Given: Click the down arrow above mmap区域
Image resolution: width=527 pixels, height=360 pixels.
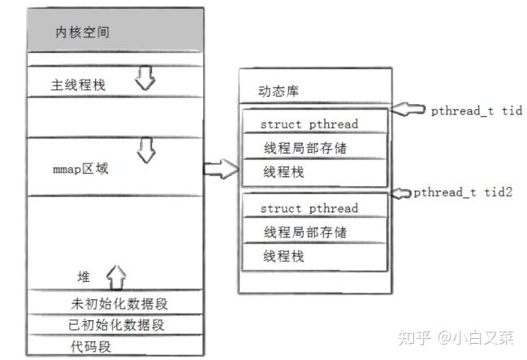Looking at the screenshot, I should pyautogui.click(x=146, y=150).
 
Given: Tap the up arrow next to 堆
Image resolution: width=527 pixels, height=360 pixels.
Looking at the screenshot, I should pyautogui.click(x=115, y=277).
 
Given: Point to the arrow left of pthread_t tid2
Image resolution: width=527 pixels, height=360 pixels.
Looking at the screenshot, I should pyautogui.click(x=402, y=193).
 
